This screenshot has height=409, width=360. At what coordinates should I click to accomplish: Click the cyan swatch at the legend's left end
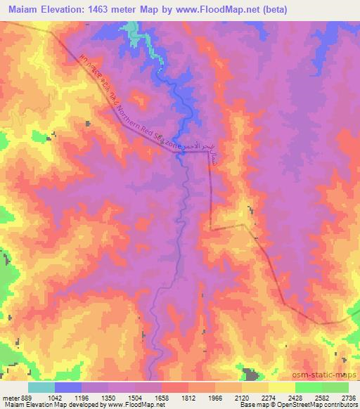tap(41, 388)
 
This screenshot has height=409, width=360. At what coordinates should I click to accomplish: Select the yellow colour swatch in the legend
tap(282, 388)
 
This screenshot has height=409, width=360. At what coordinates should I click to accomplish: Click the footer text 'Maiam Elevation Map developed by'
tap(42, 405)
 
